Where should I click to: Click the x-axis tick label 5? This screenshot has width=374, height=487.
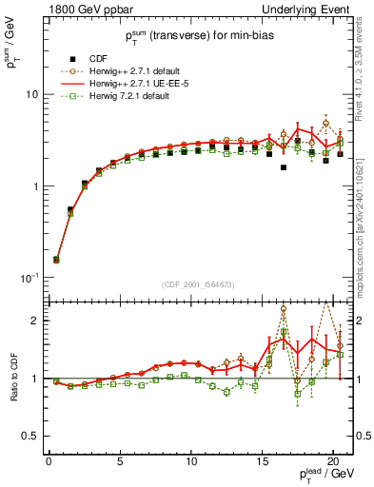pos(120,464)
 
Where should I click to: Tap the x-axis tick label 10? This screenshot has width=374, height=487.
pos(191,464)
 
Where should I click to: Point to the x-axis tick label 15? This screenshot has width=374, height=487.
pos(262,464)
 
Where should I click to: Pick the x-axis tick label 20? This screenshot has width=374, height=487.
pos(333,464)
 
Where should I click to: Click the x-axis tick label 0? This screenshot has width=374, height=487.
pos(49,464)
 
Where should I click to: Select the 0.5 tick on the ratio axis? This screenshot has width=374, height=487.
pos(33,436)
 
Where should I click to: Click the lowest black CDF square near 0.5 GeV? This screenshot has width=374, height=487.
pos(56,259)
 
